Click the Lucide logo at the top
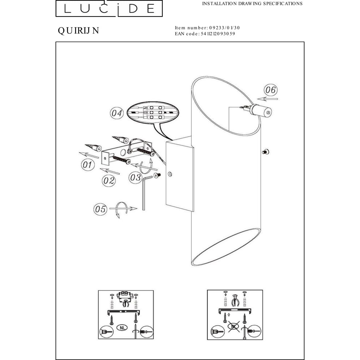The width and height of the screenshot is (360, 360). pos(109,8)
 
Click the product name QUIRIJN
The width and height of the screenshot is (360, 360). pos(78,31)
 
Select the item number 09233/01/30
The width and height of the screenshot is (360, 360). pos(224,28)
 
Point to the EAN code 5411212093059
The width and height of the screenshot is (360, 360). pos(218,34)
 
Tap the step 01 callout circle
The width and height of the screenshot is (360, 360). pos(88,165)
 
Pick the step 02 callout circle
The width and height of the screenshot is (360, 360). pos(109,180)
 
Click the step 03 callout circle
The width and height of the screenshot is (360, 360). pos(135,177)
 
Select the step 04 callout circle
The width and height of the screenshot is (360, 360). pos(117,113)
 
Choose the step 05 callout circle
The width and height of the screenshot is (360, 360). pos(100,209)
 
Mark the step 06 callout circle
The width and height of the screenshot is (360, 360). pos(270,90)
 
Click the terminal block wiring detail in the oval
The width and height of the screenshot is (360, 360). pos(153,112)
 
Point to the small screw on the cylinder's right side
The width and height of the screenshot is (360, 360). pos(266,152)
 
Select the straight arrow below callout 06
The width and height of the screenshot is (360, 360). pos(267,99)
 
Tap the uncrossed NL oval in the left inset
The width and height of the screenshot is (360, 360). pos(122,328)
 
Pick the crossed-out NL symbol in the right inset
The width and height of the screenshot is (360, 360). pos(234,326)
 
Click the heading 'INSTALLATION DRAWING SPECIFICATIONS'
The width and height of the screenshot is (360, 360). pos(252,4)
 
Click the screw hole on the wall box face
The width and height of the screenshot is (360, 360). pos(170,174)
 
